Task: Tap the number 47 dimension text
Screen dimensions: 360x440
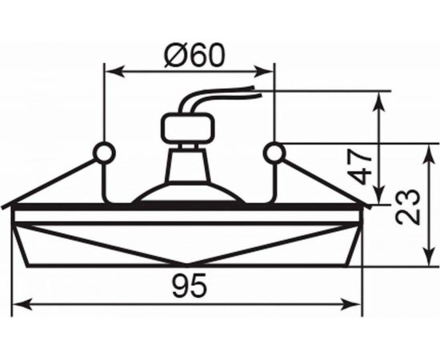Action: coord(365,164)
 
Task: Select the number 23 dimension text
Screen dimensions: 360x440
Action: coord(410,206)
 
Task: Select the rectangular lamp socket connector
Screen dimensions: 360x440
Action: coord(190,127)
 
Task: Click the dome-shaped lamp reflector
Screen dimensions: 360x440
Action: coord(189,194)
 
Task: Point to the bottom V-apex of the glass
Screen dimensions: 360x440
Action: coord(188,265)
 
